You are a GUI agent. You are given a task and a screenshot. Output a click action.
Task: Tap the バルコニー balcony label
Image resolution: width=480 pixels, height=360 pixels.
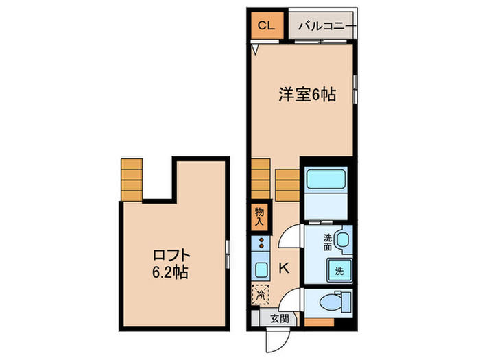pyautogui.click(x=326, y=27)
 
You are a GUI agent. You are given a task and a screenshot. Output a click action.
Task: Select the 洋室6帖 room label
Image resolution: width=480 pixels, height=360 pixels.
pyautogui.click(x=307, y=96)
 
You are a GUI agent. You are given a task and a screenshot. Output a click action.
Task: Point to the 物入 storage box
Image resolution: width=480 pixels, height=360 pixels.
pyautogui.click(x=259, y=217)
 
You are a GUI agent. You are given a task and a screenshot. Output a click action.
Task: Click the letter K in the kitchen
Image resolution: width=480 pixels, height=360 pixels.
pyautogui.click(x=285, y=268)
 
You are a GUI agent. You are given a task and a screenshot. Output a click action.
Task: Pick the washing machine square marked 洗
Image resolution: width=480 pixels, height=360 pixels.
pyautogui.click(x=339, y=270)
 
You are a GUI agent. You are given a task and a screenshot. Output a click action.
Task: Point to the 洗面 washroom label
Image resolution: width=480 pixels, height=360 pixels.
pyautogui.click(x=328, y=241)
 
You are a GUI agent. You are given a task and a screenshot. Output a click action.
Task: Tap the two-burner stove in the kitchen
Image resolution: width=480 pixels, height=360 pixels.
pyautogui.click(x=261, y=243)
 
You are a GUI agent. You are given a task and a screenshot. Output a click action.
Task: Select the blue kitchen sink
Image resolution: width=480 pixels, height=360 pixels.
pyautogui.click(x=261, y=268)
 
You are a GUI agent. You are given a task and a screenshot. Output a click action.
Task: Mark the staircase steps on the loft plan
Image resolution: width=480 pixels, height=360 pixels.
pyautogui.click(x=131, y=179)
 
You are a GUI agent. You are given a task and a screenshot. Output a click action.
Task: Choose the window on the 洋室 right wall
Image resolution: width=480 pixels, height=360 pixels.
pyautogui.click(x=355, y=90)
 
